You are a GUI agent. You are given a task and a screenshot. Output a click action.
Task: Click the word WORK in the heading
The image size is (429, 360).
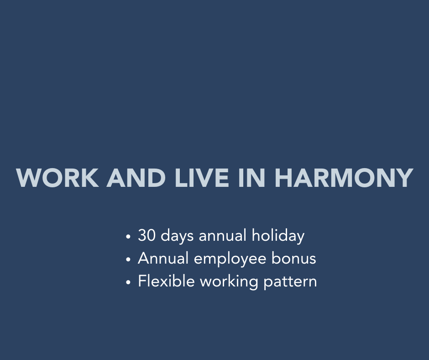(58, 178)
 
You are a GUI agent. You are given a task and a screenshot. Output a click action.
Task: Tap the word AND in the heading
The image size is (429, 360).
(136, 178)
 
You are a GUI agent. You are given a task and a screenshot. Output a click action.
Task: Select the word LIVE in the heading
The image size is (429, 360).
(202, 178)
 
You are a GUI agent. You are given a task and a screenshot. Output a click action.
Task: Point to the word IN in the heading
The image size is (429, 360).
(252, 178)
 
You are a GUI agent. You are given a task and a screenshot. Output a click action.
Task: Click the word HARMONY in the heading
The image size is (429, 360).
(344, 178)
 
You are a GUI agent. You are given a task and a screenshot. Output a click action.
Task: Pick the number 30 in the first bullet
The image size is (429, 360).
(146, 235)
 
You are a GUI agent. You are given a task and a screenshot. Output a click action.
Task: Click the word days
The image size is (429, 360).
(177, 236)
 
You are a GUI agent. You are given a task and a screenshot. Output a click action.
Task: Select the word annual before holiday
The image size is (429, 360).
(222, 235)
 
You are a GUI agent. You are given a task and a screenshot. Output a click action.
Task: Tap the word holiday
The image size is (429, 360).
(278, 236)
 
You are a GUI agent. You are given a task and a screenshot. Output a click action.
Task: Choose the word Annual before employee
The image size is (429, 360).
(163, 259)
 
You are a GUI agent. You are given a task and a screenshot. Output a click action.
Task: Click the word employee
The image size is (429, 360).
(230, 259)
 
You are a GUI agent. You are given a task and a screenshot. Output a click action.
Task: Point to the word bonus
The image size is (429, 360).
(293, 259)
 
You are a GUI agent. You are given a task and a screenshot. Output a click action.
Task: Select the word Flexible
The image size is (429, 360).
(166, 281)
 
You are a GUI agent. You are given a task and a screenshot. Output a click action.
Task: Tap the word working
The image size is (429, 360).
(229, 282)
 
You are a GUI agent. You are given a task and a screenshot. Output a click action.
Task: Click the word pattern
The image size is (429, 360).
(290, 282)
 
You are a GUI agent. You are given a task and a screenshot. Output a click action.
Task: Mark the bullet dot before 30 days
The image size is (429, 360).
(128, 237)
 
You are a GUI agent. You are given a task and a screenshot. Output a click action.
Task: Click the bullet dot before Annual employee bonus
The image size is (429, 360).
(128, 259)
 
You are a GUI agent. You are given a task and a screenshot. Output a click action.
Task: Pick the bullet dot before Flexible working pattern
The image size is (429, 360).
(128, 282)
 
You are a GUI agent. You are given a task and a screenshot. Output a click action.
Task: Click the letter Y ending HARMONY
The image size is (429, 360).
(405, 178)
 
